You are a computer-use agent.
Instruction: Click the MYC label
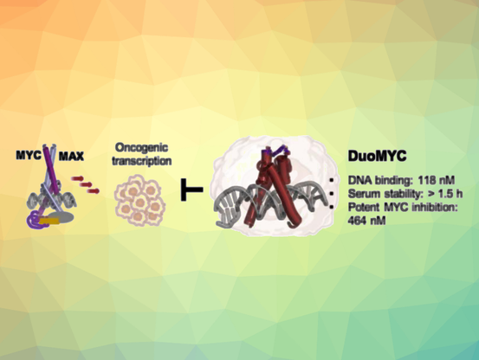point(28,155)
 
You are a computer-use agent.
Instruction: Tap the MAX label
point(71,157)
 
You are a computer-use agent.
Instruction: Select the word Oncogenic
point(141,148)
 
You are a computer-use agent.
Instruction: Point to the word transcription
point(142,161)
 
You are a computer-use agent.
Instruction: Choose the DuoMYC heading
point(378,156)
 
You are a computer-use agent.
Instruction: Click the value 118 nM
point(437,180)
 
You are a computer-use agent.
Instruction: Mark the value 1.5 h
point(450,194)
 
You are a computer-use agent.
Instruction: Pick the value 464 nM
point(366,220)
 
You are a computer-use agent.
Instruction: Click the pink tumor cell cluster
point(140,200)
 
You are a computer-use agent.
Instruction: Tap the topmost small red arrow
point(77,178)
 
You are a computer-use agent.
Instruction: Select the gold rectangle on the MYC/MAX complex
point(49,221)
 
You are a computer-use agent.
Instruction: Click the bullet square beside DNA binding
point(332,180)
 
